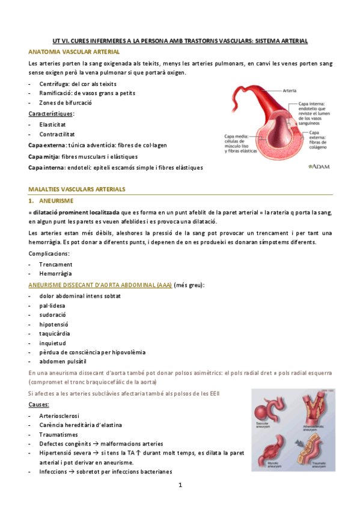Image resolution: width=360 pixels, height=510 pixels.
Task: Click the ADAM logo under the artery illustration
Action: (318, 166)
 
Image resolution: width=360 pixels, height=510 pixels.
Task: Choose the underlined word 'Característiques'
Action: (51, 114)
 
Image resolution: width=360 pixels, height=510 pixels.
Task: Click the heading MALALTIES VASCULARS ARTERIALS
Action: (77, 189)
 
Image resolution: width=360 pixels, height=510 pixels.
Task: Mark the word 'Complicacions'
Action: (49, 254)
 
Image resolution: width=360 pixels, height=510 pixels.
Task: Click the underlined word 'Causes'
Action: (39, 405)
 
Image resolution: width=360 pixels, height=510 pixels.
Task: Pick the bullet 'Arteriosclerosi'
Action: (59, 416)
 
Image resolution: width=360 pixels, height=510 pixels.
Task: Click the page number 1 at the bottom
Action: (179, 485)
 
